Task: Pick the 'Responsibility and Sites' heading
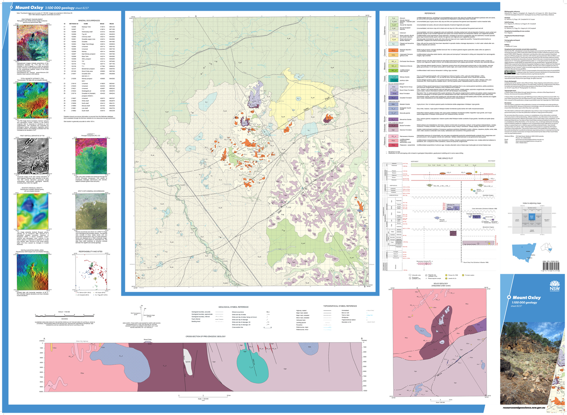pyautogui.click(x=90, y=252)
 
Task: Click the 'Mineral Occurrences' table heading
pyautogui.click(x=89, y=20)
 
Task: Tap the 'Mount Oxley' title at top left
pyautogui.click(x=29, y=8)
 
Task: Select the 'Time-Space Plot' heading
pyautogui.click(x=445, y=158)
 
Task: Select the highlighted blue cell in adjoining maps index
pyautogui.click(x=531, y=217)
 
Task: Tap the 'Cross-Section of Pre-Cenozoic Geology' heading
pyautogui.click(x=206, y=336)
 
